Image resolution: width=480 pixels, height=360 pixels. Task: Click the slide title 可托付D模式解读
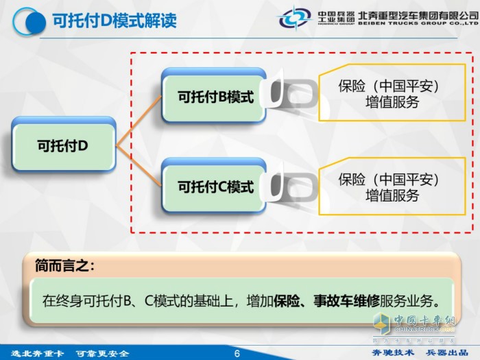coord(115,20)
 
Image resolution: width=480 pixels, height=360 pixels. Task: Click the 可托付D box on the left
coord(63,145)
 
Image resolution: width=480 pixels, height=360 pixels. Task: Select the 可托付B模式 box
coord(215,97)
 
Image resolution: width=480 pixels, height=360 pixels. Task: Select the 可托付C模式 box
coord(215,187)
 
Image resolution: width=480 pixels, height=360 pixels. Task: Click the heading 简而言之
coord(64,265)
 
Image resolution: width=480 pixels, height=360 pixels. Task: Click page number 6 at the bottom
coord(237,353)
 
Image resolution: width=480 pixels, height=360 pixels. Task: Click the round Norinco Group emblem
coord(296,18)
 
